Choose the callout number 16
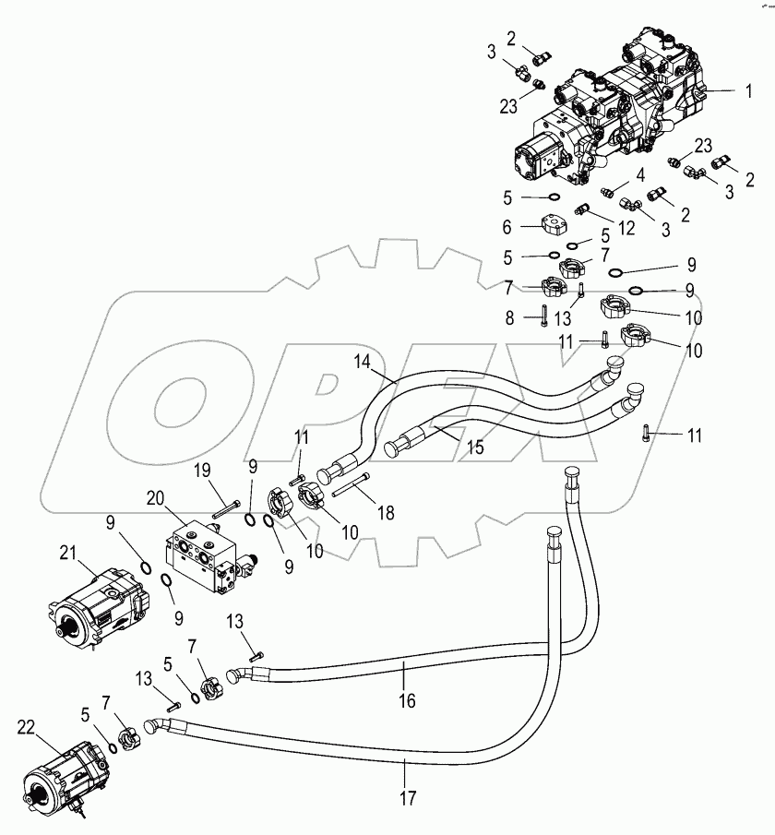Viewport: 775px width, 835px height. tap(407, 702)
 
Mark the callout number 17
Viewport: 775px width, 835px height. tap(406, 796)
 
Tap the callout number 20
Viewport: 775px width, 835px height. tap(154, 498)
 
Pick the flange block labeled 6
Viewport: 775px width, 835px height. tap(549, 227)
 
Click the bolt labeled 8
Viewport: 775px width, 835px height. tap(544, 317)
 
